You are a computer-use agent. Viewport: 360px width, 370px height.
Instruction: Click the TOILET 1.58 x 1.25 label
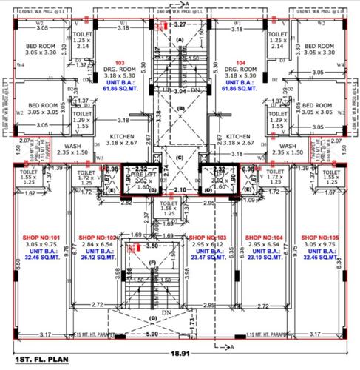pyautogui.click(x=169, y=208)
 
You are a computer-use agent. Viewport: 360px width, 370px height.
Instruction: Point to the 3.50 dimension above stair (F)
pyautogui.click(x=154, y=244)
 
